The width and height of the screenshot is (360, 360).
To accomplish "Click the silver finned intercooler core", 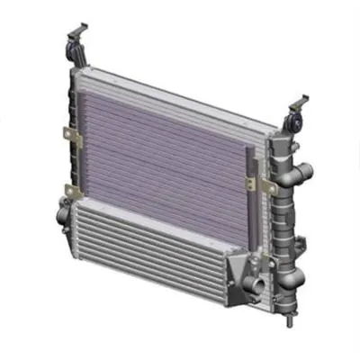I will [x=144, y=247].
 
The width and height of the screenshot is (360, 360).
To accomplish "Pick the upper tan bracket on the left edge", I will [x=68, y=135].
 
